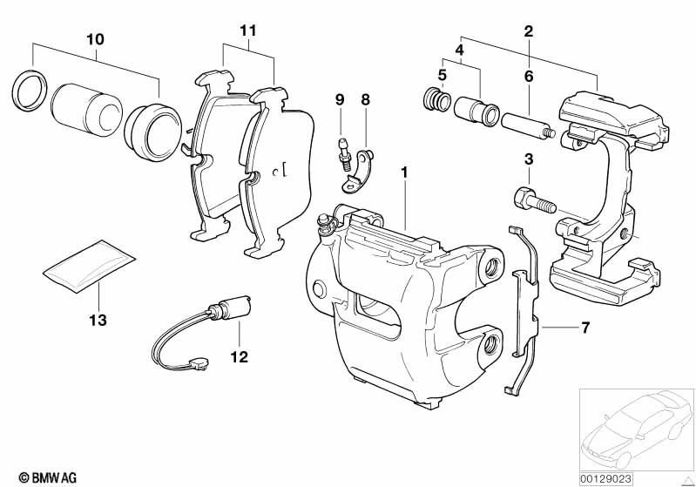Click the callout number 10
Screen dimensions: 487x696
[95, 39]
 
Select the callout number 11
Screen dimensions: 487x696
[248, 30]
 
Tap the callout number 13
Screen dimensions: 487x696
[97, 321]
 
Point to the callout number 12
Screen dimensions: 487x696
[239, 356]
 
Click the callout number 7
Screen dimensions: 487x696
[585, 328]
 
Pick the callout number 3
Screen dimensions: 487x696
[528, 159]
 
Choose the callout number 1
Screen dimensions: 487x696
[403, 172]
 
